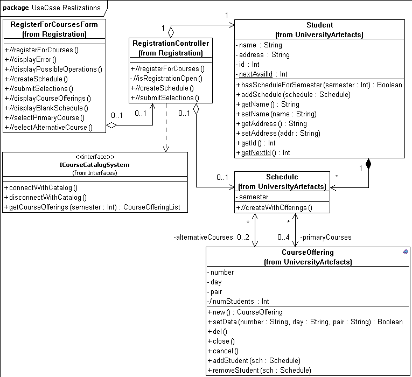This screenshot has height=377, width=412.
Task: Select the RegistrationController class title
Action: click(x=170, y=43)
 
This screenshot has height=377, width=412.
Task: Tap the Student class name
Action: click(x=319, y=25)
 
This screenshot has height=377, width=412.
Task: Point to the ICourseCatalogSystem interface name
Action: click(x=95, y=164)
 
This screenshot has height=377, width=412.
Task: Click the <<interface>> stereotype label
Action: click(x=95, y=157)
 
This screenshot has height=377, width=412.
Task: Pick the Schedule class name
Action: click(x=282, y=177)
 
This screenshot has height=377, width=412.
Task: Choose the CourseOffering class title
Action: click(x=308, y=252)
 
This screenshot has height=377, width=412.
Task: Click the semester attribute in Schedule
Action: click(x=254, y=197)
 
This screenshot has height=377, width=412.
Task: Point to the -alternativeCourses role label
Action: click(x=203, y=237)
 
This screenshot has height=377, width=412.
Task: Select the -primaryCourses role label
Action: click(x=325, y=237)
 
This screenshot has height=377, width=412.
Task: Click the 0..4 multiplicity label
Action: click(x=284, y=237)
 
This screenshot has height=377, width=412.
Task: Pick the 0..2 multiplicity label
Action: click(x=243, y=237)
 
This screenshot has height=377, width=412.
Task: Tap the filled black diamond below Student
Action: click(x=368, y=164)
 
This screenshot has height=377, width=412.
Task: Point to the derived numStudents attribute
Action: click(x=240, y=301)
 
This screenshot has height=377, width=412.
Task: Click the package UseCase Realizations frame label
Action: click(x=52, y=8)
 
